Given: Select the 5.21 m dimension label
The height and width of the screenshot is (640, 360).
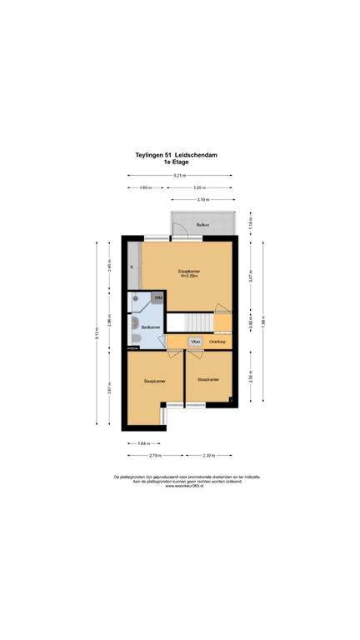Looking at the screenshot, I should (180, 176).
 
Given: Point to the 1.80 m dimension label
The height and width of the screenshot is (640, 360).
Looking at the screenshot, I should (145, 187).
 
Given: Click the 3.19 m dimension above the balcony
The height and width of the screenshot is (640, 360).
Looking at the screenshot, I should (202, 200).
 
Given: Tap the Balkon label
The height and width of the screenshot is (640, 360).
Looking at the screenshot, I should (202, 226).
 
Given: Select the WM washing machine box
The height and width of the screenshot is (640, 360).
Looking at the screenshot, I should (157, 297).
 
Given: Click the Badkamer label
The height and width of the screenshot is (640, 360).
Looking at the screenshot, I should (150, 327).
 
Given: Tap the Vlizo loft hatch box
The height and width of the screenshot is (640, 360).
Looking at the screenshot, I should (195, 342).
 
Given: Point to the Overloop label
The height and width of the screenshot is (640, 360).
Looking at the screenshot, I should (217, 342).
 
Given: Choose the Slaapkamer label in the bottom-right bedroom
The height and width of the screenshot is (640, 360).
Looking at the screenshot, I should (208, 379).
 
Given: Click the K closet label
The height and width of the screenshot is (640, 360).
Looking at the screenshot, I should (132, 267).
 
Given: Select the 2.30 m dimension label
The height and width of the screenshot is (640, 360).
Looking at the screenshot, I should (208, 455).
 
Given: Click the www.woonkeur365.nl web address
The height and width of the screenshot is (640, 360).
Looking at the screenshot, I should (180, 486).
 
